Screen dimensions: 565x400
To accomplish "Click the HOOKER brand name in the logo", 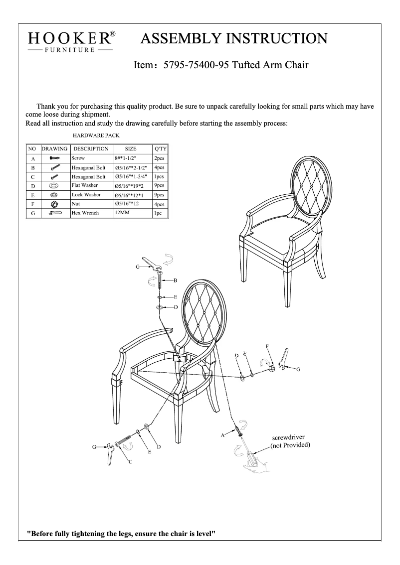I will pyautogui.click(x=70, y=38).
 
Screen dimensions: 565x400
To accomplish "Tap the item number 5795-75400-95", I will pyautogui.click(x=197, y=65).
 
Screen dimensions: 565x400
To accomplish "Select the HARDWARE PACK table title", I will pyautogui.click(x=96, y=135).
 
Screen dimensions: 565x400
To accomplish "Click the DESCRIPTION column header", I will pyautogui.click(x=90, y=148).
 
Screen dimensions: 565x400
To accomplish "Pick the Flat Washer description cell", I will pyautogui.click(x=84, y=185).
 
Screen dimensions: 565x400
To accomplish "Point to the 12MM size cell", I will pyautogui.click(x=121, y=213).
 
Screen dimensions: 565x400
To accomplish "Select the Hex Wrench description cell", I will pyautogui.click(x=85, y=213).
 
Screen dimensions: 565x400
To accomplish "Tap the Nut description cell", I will pyautogui.click(x=76, y=204).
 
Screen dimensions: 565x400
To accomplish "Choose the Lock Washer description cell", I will pyautogui.click(x=86, y=195).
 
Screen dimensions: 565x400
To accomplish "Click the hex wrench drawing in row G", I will pyautogui.click(x=55, y=213).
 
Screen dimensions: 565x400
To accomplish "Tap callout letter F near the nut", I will pyautogui.click(x=268, y=346).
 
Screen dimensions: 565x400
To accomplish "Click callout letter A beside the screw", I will pyautogui.click(x=222, y=435).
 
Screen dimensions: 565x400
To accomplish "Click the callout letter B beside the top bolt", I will pyautogui.click(x=175, y=281).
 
